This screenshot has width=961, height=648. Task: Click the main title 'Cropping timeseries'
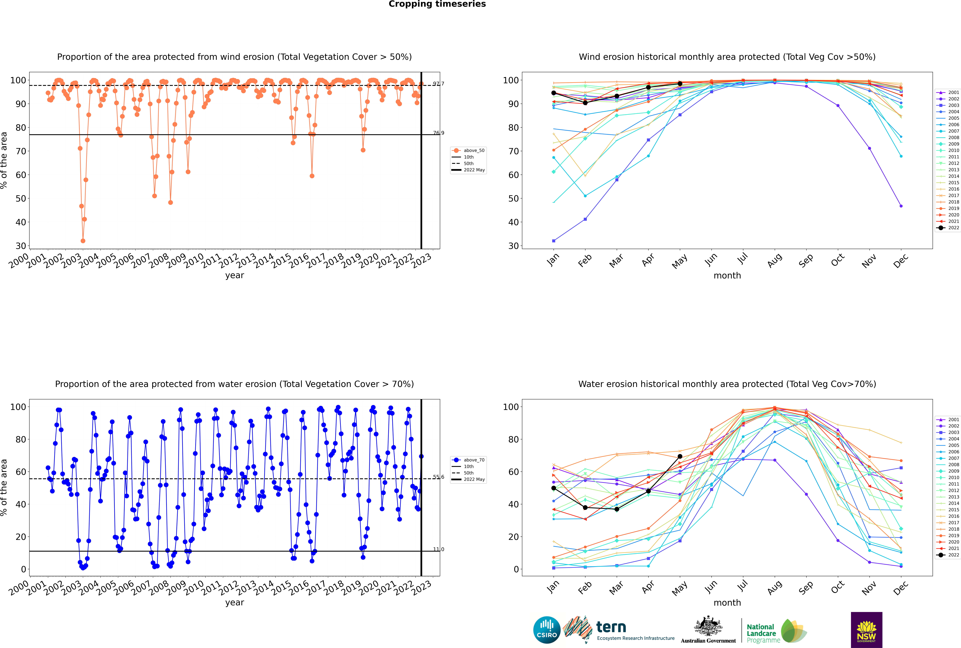pyautogui.click(x=437, y=4)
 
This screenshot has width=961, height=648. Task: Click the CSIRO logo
pyautogui.click(x=547, y=630)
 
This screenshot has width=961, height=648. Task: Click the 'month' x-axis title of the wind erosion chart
pyautogui.click(x=727, y=276)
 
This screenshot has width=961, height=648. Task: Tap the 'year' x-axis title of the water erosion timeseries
pyautogui.click(x=234, y=603)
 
